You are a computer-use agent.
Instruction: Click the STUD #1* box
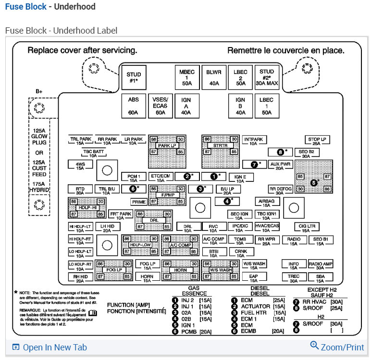134,78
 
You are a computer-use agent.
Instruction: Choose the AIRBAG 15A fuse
266,202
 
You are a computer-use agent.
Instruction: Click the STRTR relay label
221,145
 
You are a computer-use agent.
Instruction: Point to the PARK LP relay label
167,145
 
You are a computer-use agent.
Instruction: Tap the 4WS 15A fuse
80,166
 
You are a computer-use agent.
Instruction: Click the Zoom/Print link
337,347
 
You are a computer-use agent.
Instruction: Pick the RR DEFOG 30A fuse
280,191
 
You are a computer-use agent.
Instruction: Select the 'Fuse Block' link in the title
26,7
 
